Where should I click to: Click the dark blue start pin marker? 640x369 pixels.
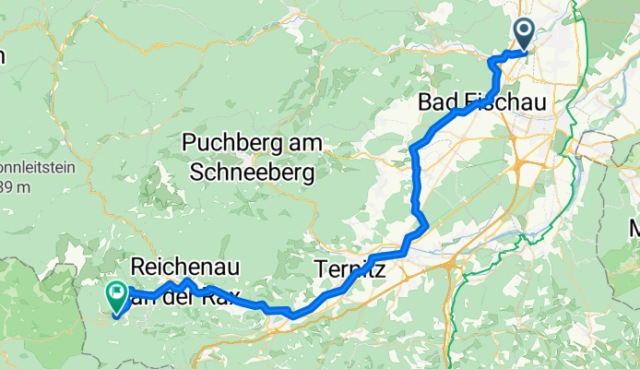[x=523, y=35]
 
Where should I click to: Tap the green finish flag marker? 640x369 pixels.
[x=118, y=295]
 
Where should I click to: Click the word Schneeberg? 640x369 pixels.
[x=252, y=172]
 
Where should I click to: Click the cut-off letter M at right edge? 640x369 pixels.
[x=634, y=228]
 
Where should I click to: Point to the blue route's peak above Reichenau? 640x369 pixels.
[x=186, y=280]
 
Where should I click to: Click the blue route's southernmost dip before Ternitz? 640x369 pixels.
[x=292, y=315]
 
